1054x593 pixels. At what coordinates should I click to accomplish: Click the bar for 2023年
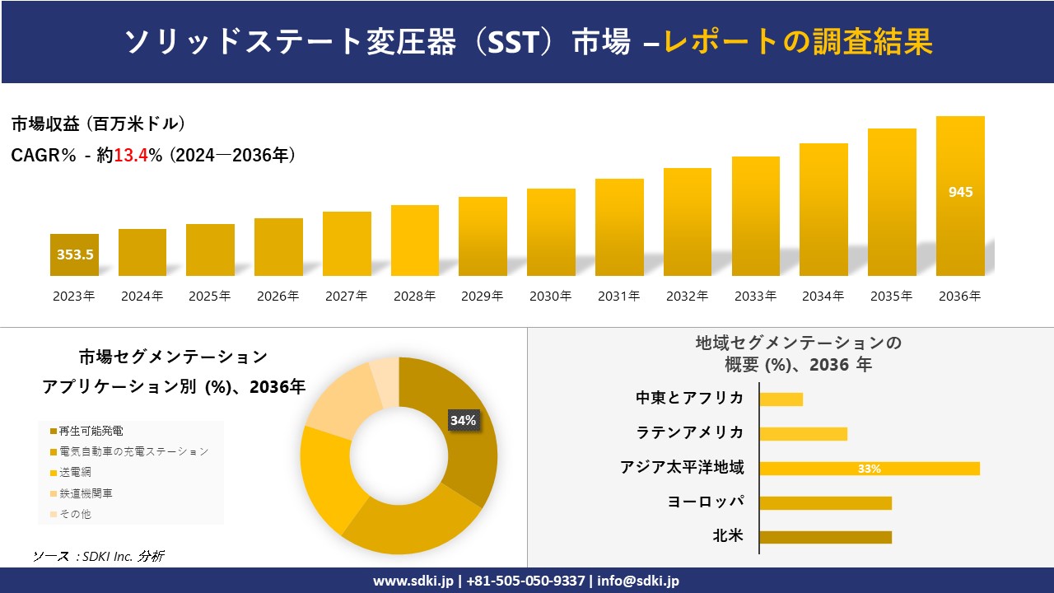pyautogui.click(x=74, y=254)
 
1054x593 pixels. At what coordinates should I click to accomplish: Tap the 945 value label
pyautogui.click(x=960, y=192)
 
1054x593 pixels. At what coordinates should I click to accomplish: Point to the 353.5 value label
pyautogui.click(x=75, y=254)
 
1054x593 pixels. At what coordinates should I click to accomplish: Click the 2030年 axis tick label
pyautogui.click(x=551, y=296)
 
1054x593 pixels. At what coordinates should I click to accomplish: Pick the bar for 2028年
pyautogui.click(x=415, y=240)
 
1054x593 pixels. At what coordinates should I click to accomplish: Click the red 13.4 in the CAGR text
pyautogui.click(x=128, y=155)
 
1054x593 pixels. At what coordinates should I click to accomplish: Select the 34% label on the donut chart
pyautogui.click(x=463, y=420)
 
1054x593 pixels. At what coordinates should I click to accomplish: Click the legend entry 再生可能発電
pyautogui.click(x=91, y=431)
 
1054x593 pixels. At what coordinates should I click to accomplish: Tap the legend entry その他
pyautogui.click(x=75, y=514)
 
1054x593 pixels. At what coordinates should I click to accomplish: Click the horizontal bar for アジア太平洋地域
pyautogui.click(x=870, y=469)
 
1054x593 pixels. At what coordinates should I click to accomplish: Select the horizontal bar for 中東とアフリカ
pyautogui.click(x=781, y=399)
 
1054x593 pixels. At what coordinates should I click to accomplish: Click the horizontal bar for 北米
pyautogui.click(x=825, y=537)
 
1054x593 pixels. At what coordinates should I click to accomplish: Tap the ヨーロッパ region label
pyautogui.click(x=707, y=502)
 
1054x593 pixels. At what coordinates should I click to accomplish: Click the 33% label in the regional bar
pyautogui.click(x=870, y=469)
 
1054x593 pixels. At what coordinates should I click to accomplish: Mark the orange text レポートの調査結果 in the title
pyautogui.click(x=798, y=41)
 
